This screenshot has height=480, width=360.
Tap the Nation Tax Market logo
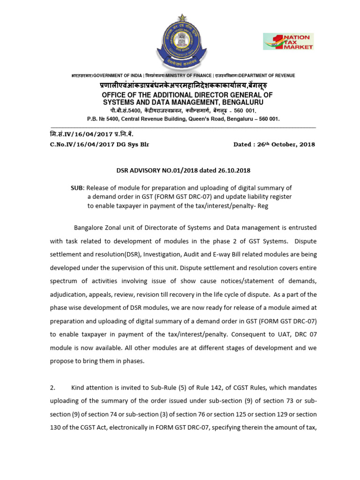point(288,41)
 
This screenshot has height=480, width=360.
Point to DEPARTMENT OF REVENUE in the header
point(267,75)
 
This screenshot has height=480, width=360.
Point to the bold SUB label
point(76,188)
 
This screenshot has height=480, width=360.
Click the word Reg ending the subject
point(263,205)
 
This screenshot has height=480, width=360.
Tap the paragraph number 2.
point(52,388)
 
